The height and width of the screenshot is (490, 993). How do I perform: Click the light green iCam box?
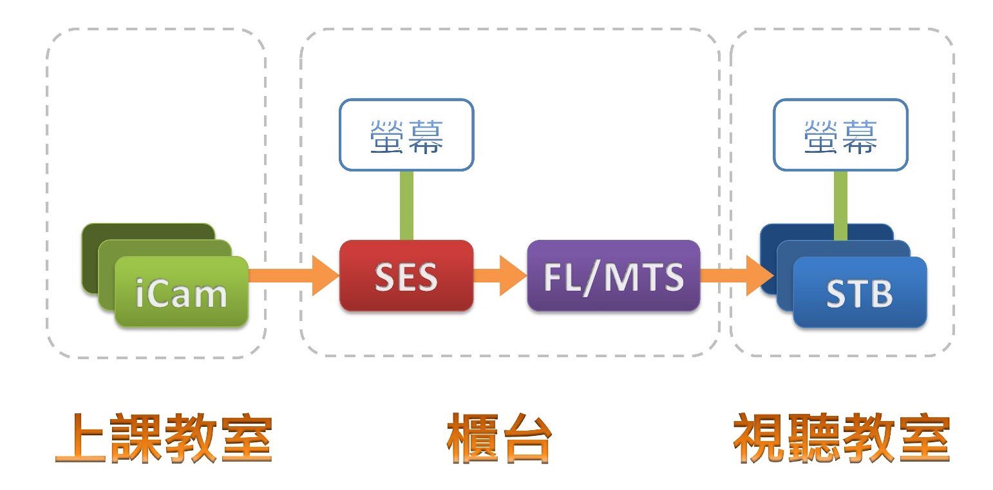point(181,291)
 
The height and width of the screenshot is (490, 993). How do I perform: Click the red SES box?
point(406,276)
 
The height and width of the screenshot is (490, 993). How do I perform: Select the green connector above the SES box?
point(406,205)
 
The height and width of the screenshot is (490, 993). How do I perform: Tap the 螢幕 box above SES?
point(406,135)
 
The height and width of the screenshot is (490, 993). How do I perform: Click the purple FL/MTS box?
point(613,276)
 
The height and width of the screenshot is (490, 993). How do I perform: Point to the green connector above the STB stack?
point(840,205)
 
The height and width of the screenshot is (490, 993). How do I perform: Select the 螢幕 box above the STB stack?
point(840,135)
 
